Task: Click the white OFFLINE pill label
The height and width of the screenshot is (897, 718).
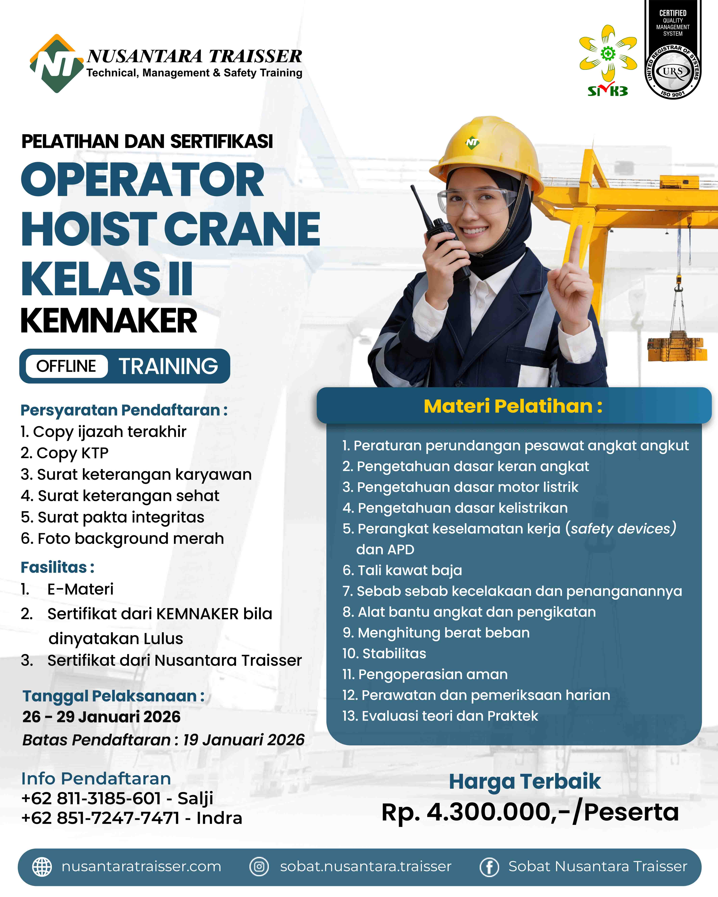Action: pyautogui.click(x=66, y=366)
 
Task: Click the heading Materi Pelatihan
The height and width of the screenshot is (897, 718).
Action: pyautogui.click(x=513, y=406)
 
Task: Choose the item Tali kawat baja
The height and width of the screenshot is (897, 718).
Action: pyautogui.click(x=402, y=570)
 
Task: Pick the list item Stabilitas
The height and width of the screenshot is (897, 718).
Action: pyautogui.click(x=384, y=653)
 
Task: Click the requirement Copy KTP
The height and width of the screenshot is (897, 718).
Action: pyautogui.click(x=65, y=453)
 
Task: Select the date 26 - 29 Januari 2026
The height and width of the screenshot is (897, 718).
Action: pyautogui.click(x=101, y=716)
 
